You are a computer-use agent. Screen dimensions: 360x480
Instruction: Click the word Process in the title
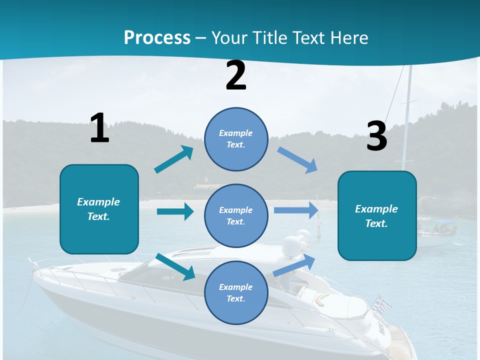[x=157, y=37]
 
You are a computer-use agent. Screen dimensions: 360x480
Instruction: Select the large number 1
[x=99, y=128]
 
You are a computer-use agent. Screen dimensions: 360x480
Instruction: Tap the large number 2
[x=236, y=75]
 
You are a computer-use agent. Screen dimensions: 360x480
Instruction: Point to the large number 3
[x=376, y=136]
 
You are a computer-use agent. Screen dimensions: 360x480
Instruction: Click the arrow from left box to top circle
[x=173, y=159]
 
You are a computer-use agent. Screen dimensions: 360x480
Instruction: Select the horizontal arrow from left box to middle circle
[x=175, y=211]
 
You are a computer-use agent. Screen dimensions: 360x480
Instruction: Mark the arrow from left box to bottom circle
[x=175, y=266]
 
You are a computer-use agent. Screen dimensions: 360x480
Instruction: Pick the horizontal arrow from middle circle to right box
[x=296, y=210]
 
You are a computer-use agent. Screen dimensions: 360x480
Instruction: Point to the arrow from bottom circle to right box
[x=294, y=265]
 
